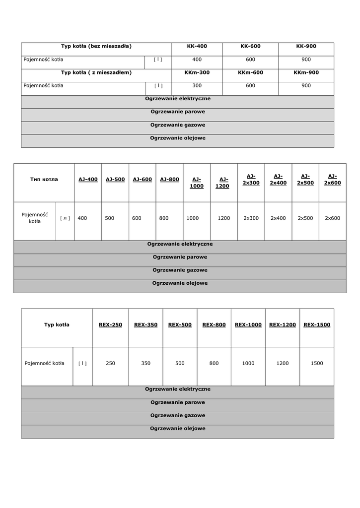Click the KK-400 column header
[x=197, y=46]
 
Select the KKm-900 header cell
[x=306, y=72]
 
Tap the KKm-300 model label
[x=197, y=72]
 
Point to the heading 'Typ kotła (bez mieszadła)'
[x=96, y=46]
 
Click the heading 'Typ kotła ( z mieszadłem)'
[x=96, y=72]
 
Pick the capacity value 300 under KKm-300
[x=197, y=85]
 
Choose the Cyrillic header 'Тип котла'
[x=44, y=179]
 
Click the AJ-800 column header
[x=169, y=179]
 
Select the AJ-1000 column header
[x=197, y=183]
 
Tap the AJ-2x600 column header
[x=332, y=179]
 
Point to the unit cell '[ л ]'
[x=65, y=218]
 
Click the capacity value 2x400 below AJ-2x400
[x=278, y=218]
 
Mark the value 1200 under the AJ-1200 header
[x=223, y=218]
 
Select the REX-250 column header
[x=110, y=325]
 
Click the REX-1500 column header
[x=317, y=325]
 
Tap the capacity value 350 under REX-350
[x=145, y=363]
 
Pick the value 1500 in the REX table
[x=317, y=363]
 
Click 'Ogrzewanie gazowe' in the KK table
[x=177, y=125]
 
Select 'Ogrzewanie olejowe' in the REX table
[x=177, y=428]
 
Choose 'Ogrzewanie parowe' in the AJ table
[x=180, y=257]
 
